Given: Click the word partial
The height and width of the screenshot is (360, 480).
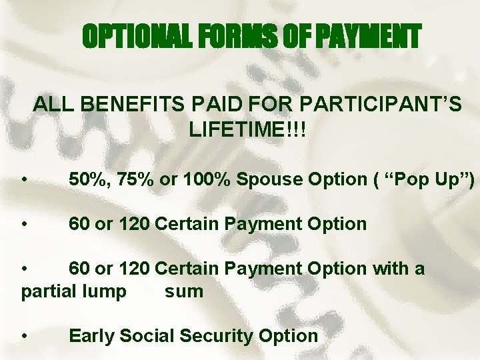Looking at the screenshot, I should pyautogui.click(x=47, y=292).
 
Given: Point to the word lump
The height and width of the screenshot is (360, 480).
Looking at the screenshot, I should pyautogui.click(x=102, y=292).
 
